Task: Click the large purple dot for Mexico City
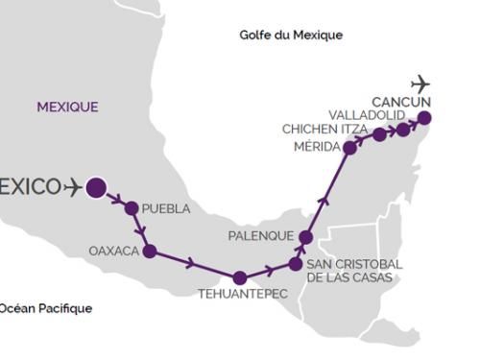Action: tap(95, 188)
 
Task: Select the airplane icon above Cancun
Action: tap(420, 84)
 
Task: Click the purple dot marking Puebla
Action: tap(132, 208)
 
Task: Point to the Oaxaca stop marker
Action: tap(149, 252)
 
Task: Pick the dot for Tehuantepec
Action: tap(239, 278)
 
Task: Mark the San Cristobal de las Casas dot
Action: tap(296, 263)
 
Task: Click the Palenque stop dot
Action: tap(306, 236)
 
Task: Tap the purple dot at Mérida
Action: tap(349, 148)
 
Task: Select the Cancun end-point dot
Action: tap(424, 118)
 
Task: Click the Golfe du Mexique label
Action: tap(291, 36)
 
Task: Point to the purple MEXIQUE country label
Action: tap(67, 108)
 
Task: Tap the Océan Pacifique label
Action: tap(46, 308)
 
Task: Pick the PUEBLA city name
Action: tap(165, 208)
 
